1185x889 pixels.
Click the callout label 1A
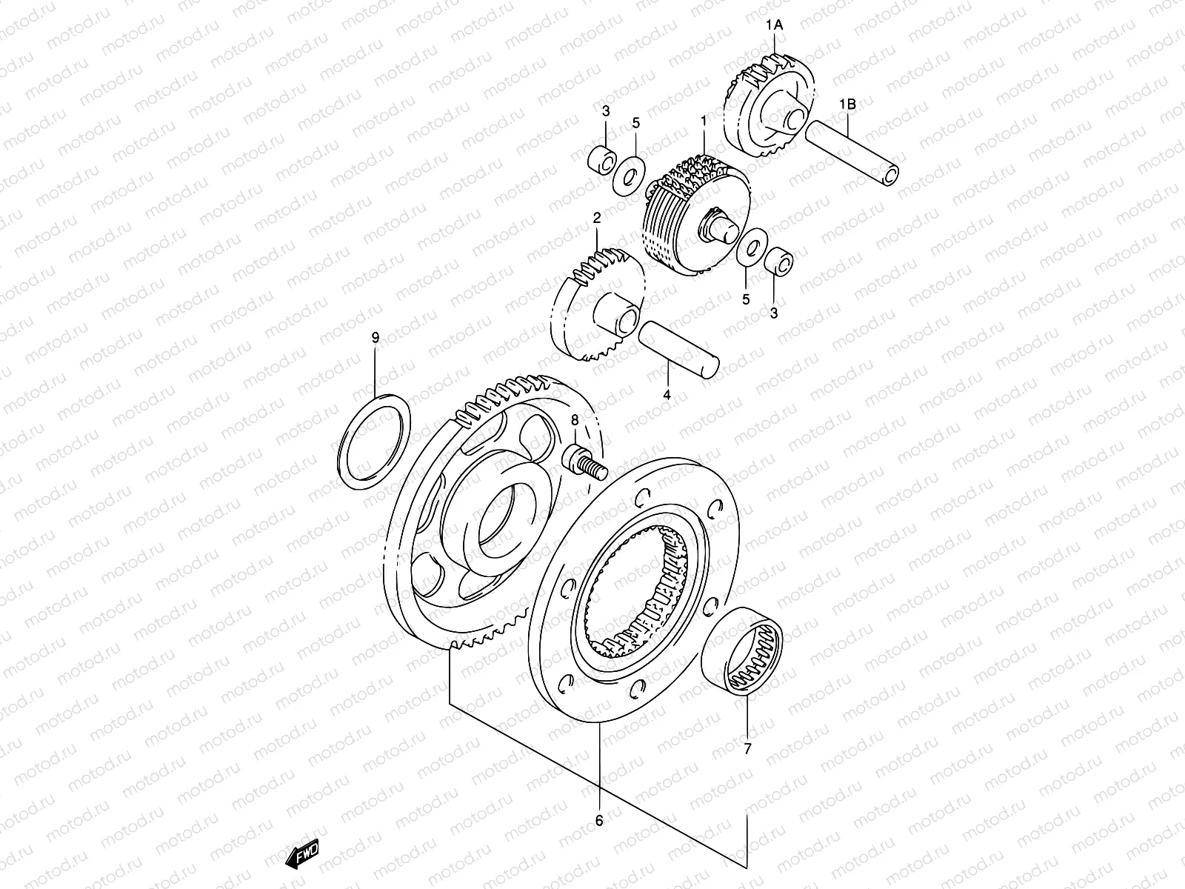(x=774, y=25)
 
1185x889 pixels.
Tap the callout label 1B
(x=847, y=104)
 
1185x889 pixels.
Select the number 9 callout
(x=375, y=338)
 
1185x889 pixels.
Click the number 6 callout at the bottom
(x=598, y=820)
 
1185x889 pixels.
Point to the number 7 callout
(x=747, y=749)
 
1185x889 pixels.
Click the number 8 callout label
(x=574, y=422)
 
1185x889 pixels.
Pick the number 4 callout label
(x=667, y=395)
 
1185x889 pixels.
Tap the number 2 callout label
(x=596, y=217)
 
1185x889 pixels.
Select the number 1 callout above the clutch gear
(x=703, y=119)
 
